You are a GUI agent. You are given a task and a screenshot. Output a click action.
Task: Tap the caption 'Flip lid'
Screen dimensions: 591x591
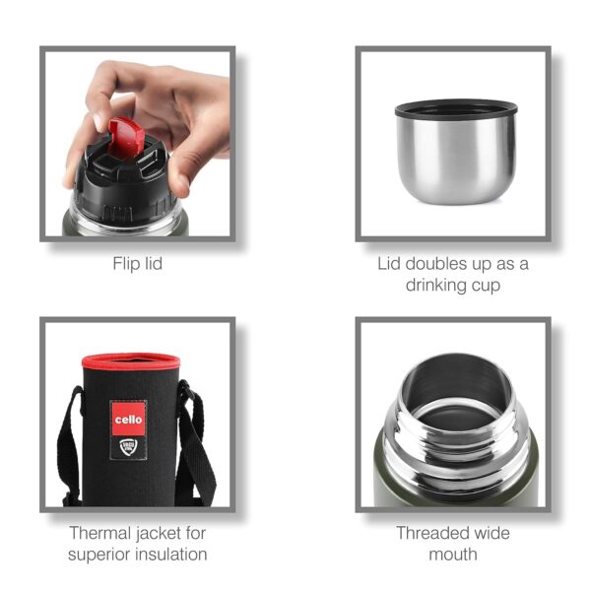[137, 263]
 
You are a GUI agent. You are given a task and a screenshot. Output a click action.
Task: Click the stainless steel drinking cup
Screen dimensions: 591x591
[454, 158]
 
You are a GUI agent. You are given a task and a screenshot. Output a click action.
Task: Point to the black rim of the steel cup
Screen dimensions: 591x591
[454, 108]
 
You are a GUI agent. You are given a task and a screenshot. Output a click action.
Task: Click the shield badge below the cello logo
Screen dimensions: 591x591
[128, 447]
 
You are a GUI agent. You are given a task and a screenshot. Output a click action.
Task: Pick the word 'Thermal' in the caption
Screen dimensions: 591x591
[98, 533]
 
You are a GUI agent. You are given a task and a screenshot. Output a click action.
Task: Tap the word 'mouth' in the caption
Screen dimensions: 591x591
[453, 554]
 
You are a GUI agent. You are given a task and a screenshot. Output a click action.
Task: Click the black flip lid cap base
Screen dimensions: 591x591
[118, 182]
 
